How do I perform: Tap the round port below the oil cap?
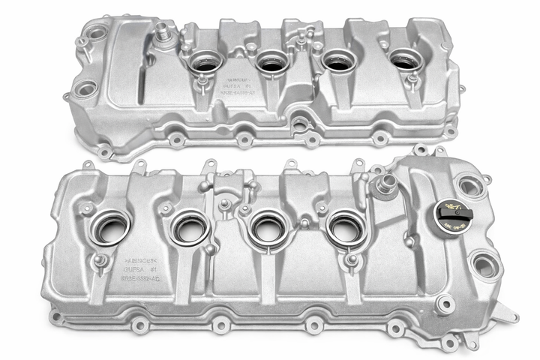click(x=486, y=264)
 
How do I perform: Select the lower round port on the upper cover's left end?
click(x=85, y=88)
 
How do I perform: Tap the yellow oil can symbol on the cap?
click(x=449, y=205)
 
